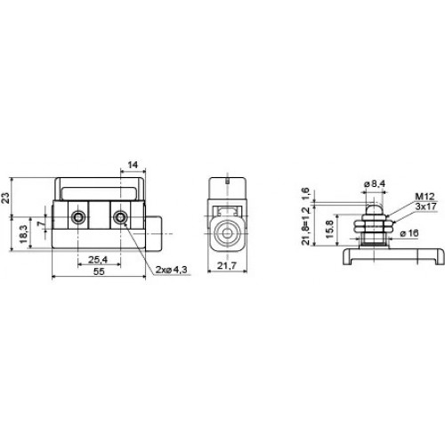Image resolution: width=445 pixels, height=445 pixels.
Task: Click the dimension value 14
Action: click(x=133, y=165)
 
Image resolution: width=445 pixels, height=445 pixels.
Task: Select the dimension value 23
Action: click(x=5, y=198)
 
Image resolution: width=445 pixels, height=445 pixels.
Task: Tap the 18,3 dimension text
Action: click(x=24, y=234)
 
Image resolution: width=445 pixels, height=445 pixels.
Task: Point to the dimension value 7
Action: click(x=40, y=222)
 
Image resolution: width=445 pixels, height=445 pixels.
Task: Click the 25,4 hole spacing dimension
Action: click(x=98, y=260)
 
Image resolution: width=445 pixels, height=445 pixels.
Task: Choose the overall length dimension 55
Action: click(x=99, y=271)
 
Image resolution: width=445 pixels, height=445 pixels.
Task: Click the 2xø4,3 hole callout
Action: click(x=172, y=270)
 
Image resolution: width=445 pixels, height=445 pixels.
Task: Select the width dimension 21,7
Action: click(x=227, y=265)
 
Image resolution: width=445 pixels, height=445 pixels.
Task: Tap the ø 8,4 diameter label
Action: click(x=375, y=184)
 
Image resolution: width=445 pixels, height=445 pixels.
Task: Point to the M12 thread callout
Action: click(x=425, y=197)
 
